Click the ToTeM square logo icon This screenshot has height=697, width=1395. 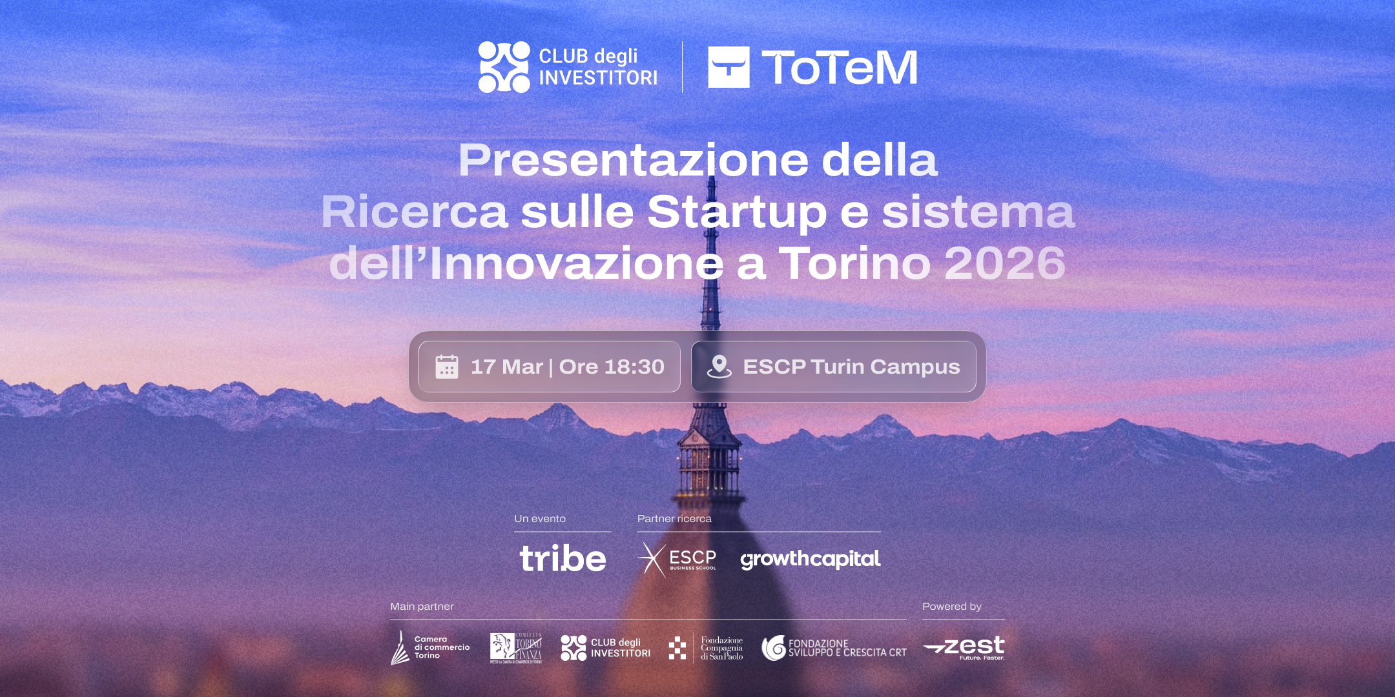point(728,67)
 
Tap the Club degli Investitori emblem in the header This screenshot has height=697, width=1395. point(504,67)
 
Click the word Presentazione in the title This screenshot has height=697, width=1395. point(632,160)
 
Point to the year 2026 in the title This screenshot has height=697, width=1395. point(1004,263)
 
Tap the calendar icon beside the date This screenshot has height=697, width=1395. point(447,367)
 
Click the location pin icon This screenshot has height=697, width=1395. point(719,367)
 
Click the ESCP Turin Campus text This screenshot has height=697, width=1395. point(851,367)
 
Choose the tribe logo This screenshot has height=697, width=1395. point(563,559)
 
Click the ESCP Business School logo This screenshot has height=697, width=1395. point(677,559)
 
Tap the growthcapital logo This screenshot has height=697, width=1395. point(810,559)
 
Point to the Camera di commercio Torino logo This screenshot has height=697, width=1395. point(430,647)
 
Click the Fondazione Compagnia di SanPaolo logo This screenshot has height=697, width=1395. point(706,648)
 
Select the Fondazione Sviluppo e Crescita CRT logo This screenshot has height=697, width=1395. point(834,648)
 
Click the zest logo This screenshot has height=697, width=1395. point(964,647)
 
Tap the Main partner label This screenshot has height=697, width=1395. point(422,607)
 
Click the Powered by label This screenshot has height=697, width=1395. point(951,607)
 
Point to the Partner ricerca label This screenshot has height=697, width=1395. point(674,519)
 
